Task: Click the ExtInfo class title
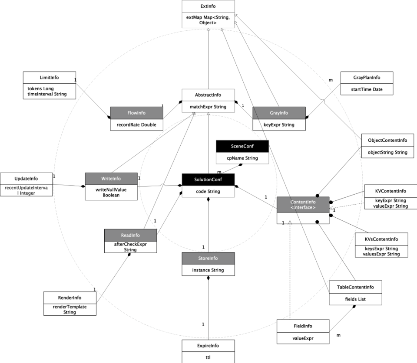208,6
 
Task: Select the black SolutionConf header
208,179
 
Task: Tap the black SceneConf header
242,146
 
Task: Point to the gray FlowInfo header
136,112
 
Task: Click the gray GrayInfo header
279,112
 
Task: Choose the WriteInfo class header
111,178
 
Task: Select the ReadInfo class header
130,235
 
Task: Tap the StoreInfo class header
208,258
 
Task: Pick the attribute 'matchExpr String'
208,106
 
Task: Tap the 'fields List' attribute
354,299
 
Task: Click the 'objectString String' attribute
387,152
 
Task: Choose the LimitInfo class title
49,77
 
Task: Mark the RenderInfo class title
69,298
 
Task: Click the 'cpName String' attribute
242,158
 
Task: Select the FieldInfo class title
303,326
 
